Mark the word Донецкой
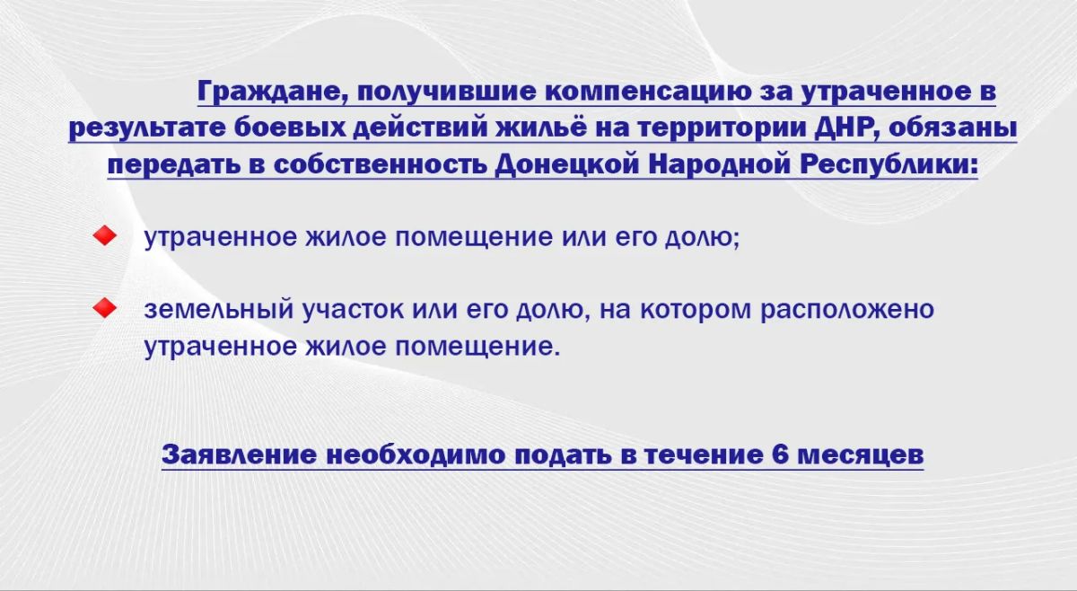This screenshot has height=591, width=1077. pyautogui.click(x=567, y=165)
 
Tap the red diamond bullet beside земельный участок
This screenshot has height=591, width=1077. pyautogui.click(x=105, y=308)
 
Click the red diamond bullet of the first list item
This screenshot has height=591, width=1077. pyautogui.click(x=105, y=236)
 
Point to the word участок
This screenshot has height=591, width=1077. pyautogui.click(x=353, y=310)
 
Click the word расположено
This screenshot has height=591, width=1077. pyautogui.click(x=847, y=310)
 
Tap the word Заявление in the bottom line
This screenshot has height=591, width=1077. pyautogui.click(x=240, y=454)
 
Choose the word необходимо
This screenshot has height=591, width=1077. pyautogui.click(x=416, y=454)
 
